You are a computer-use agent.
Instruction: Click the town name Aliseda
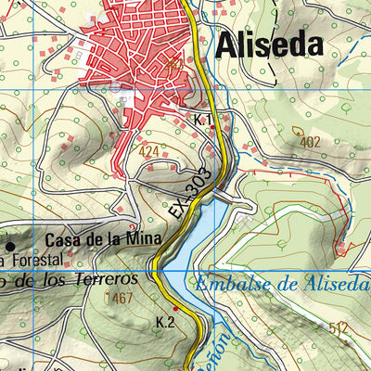tap(271, 45)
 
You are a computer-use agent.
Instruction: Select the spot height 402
tap(310, 142)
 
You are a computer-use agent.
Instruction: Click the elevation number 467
tap(122, 299)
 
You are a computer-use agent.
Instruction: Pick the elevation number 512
tap(337, 327)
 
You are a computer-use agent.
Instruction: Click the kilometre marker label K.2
tap(166, 322)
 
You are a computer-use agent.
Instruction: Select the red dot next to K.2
tap(176, 335)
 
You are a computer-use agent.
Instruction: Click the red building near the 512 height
tap(341, 249)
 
